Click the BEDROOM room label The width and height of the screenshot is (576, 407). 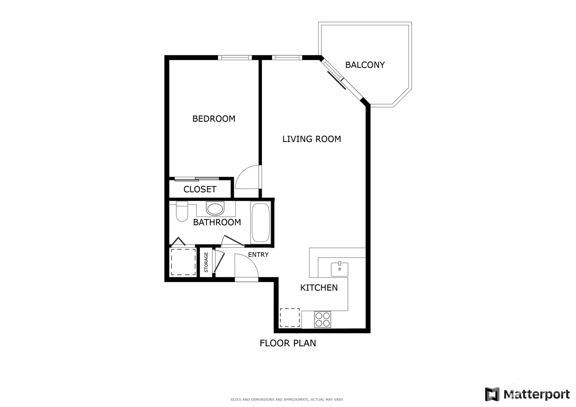click(214, 119)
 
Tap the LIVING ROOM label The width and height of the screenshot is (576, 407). click(312, 139)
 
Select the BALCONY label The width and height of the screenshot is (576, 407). click(365, 65)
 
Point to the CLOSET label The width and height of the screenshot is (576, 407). click(200, 189)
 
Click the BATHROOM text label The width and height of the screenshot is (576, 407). click(217, 222)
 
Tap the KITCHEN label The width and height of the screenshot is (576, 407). click(319, 287)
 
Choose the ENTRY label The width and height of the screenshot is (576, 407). click(258, 255)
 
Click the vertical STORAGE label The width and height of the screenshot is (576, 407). click(206, 262)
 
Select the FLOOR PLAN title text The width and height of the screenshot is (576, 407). click(288, 343)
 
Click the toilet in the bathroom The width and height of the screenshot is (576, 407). click(182, 211)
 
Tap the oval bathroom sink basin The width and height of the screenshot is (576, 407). click(215, 209)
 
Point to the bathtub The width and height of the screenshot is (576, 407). click(261, 223)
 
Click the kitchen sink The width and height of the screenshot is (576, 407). click(340, 269)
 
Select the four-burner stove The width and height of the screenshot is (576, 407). click(322, 320)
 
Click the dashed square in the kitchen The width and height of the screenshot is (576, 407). click(290, 317)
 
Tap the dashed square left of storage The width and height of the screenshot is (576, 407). click(183, 262)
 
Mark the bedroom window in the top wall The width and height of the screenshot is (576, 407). click(235, 58)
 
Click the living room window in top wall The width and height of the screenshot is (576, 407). click(287, 58)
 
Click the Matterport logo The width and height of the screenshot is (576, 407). click(527, 394)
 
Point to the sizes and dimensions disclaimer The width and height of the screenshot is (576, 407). click(287, 400)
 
